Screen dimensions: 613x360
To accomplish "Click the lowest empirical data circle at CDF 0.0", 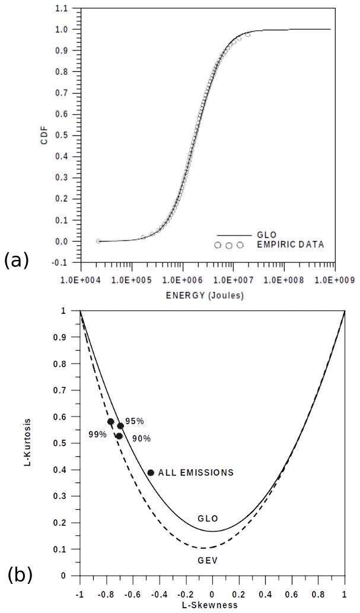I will pyautogui.click(x=98, y=242).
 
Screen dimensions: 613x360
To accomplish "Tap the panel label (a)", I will pyautogui.click(x=17, y=260).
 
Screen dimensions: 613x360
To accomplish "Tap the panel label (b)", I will pyautogui.click(x=20, y=574).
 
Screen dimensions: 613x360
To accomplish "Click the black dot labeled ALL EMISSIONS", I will pyautogui.click(x=151, y=472).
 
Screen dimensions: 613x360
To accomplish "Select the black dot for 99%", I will pyautogui.click(x=110, y=422).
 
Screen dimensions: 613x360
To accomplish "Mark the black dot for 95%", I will pyautogui.click(x=120, y=426).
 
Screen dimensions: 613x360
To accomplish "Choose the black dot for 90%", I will pyautogui.click(x=119, y=436).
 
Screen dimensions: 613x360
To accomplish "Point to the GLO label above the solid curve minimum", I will pyautogui.click(x=205, y=519).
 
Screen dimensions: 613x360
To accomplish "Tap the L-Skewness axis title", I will pyautogui.click(x=211, y=605).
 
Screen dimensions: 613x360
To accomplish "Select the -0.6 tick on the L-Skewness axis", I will pyautogui.click(x=132, y=595).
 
